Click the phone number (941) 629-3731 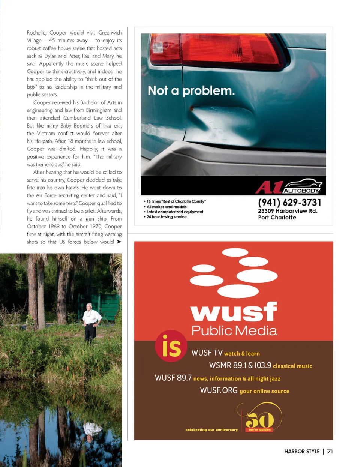289,203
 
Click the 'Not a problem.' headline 191,90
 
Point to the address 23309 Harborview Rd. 288,211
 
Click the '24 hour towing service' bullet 166,217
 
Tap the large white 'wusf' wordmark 234,312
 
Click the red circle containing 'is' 171,346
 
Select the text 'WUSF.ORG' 219,390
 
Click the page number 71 330,451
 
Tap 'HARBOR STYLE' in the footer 302,451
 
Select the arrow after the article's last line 119,242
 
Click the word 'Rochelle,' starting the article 36,33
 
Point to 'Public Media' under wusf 234,330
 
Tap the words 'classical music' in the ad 292,366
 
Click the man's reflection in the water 91,431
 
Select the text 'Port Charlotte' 277,218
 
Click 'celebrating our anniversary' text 211,430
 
